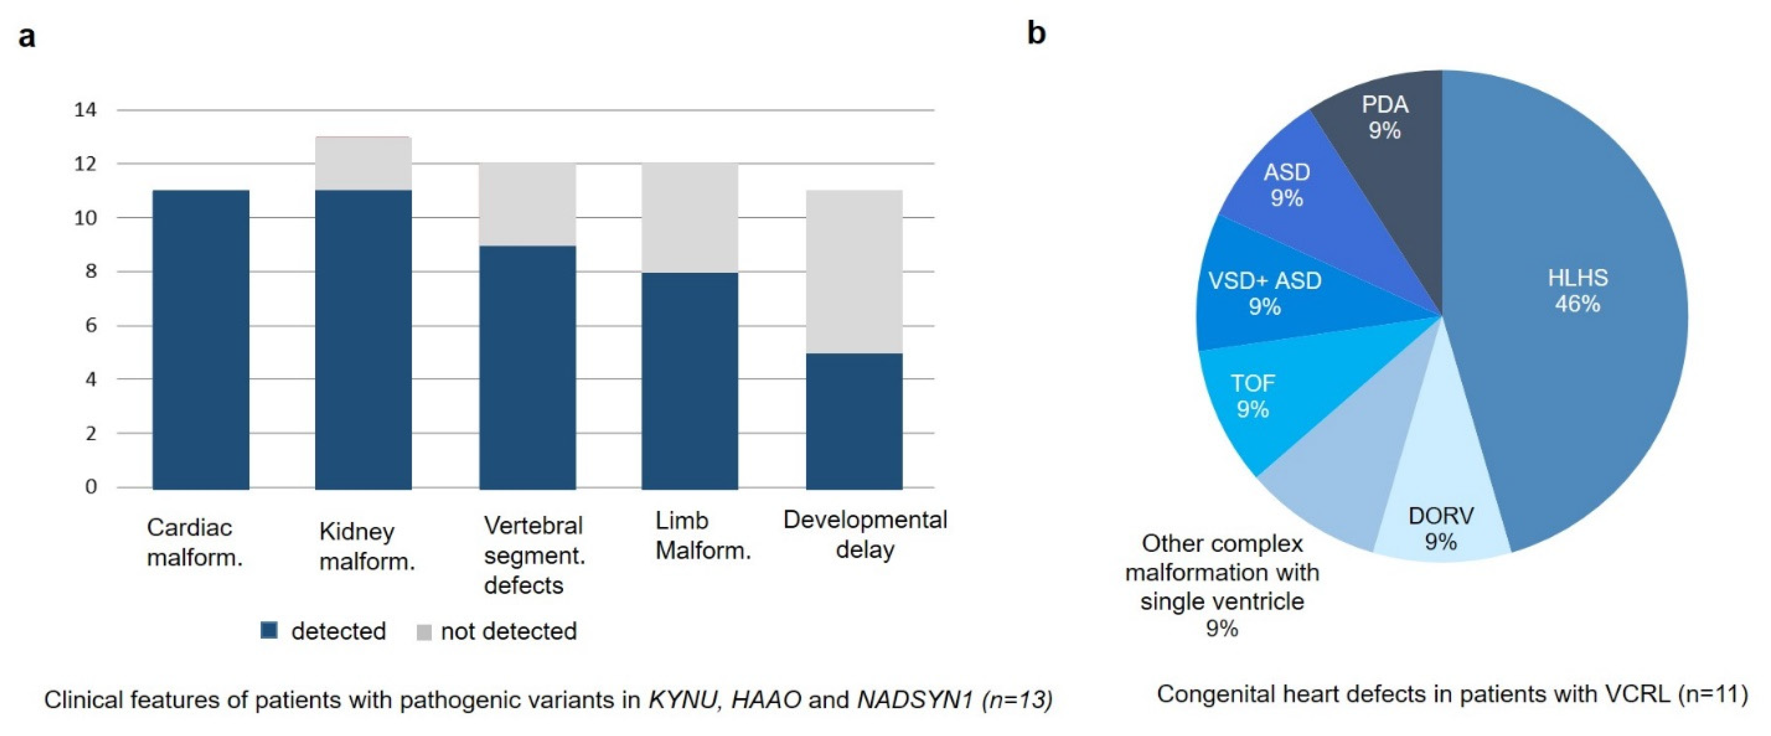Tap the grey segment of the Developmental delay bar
pyautogui.click(x=854, y=271)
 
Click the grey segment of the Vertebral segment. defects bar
pyautogui.click(x=527, y=204)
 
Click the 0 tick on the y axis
pyautogui.click(x=91, y=487)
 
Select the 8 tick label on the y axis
pyautogui.click(x=91, y=271)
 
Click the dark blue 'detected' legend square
pyautogui.click(x=269, y=630)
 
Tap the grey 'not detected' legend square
pyautogui.click(x=424, y=631)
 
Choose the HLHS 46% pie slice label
pyautogui.click(x=1577, y=290)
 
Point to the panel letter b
pyautogui.click(x=1036, y=32)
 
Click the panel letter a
pyautogui.click(x=27, y=36)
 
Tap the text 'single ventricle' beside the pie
pyautogui.click(x=1222, y=601)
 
